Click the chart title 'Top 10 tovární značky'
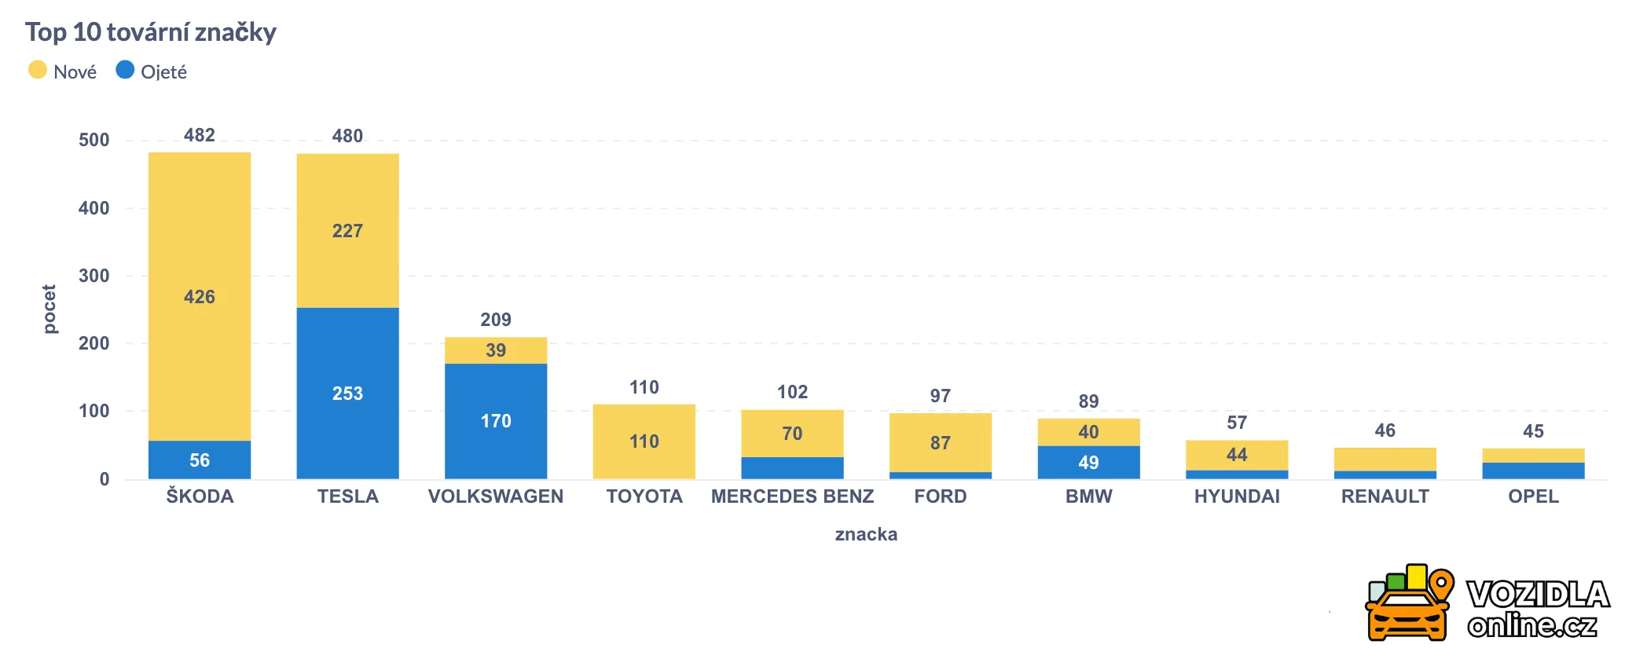pyautogui.click(x=151, y=32)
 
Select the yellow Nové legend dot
pyautogui.click(x=38, y=70)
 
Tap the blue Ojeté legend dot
pyautogui.click(x=125, y=70)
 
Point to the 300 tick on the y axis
pyautogui.click(x=94, y=276)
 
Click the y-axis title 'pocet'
pyautogui.click(x=50, y=309)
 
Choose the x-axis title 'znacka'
pyautogui.click(x=866, y=534)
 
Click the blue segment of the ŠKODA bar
pyautogui.click(x=200, y=460)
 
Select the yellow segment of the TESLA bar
pyautogui.click(x=347, y=230)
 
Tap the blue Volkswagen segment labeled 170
pyautogui.click(x=496, y=421)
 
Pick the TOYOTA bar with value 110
pyautogui.click(x=644, y=441)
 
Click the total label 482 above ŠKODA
pyautogui.click(x=200, y=135)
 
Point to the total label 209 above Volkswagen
pyautogui.click(x=496, y=320)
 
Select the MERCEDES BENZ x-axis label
pyautogui.click(x=792, y=496)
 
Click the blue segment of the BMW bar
pyautogui.click(x=1088, y=462)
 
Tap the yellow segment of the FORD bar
pyautogui.click(x=941, y=442)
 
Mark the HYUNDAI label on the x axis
pyautogui.click(x=1237, y=496)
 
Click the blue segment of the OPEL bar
pyautogui.click(x=1533, y=471)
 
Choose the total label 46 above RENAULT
pyautogui.click(x=1385, y=430)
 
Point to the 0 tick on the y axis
pyautogui.click(x=105, y=479)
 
